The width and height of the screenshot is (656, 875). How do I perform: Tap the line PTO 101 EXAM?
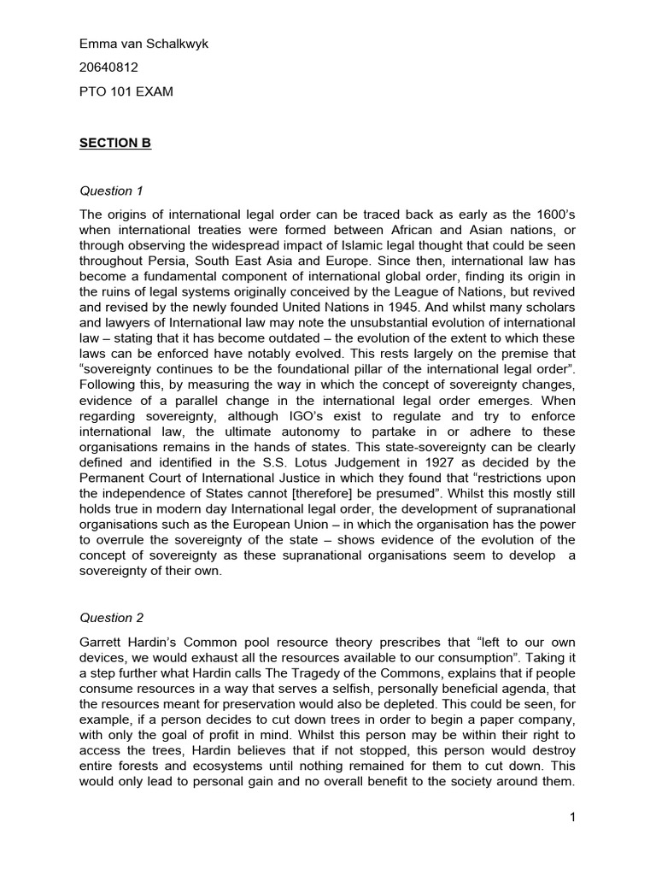click(x=126, y=91)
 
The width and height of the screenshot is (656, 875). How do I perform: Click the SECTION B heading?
click(x=115, y=143)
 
